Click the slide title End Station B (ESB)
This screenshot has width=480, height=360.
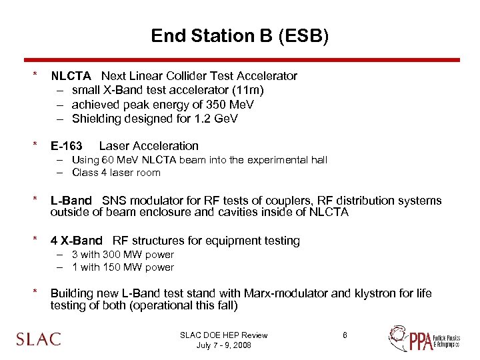point(239,35)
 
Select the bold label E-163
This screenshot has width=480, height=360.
point(67,146)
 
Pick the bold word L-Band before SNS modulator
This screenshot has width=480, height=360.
point(71,201)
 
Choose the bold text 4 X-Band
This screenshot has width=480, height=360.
point(77,241)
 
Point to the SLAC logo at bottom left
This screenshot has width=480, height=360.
point(39,339)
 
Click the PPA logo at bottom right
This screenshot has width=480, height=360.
point(423,339)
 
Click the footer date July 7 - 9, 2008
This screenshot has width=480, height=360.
point(223,345)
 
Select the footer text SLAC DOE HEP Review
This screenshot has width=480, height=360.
point(223,335)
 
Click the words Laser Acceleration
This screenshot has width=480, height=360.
point(149,146)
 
